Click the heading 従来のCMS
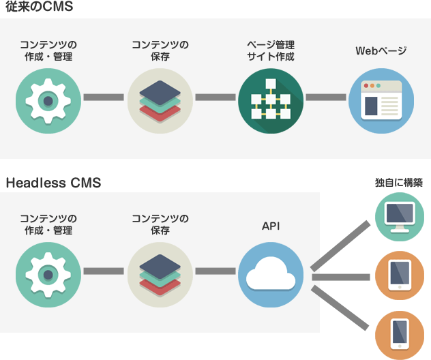[x=40, y=8]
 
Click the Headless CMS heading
[x=53, y=183]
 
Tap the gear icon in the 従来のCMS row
[x=48, y=100]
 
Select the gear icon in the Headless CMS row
[x=48, y=274]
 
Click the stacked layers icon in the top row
[x=160, y=100]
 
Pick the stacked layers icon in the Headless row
[x=160, y=274]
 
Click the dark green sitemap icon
[x=271, y=100]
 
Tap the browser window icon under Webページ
[x=381, y=100]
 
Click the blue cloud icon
[x=271, y=274]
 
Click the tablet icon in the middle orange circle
[x=399, y=275]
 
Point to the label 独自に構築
[x=399, y=183]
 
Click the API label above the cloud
[x=271, y=225]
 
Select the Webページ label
[x=381, y=51]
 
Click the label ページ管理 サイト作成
[x=271, y=51]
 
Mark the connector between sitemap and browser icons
[x=326, y=97]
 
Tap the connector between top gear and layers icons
[x=104, y=97]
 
